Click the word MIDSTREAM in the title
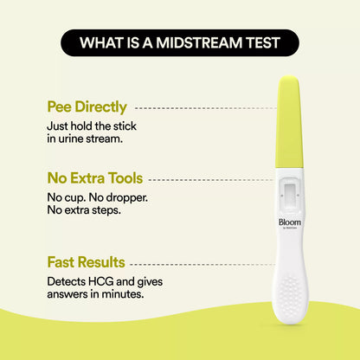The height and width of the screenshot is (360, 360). click(211, 42)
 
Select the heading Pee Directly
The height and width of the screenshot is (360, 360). click(87, 108)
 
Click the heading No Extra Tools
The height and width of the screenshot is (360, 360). click(94, 179)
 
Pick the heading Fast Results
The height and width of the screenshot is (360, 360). click(86, 262)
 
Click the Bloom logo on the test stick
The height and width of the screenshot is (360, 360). click(288, 222)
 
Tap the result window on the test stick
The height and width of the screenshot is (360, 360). click(288, 191)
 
